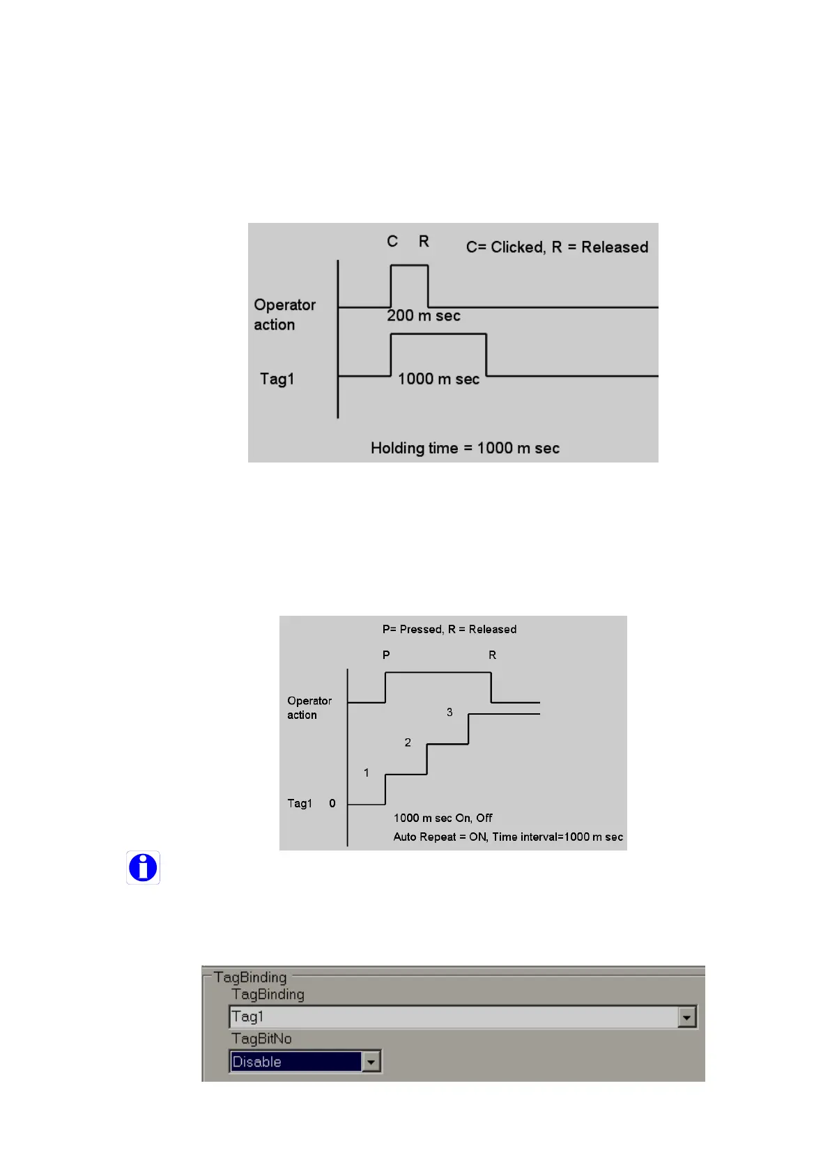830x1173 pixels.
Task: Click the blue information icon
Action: pos(143,868)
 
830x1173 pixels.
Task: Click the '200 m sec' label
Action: pos(424,316)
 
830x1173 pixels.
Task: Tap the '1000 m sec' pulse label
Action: pos(438,379)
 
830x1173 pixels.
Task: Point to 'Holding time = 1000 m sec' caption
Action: pos(465,448)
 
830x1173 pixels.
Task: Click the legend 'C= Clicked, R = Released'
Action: pos(557,247)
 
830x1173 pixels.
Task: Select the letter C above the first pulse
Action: pos(392,241)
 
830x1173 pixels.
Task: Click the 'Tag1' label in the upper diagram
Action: pos(277,379)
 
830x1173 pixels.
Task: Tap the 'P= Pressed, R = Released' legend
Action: pos(449,629)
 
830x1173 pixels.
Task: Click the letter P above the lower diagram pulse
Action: pos(386,655)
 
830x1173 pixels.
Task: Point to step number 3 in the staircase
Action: pos(449,712)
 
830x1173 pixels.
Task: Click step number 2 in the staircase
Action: pos(408,743)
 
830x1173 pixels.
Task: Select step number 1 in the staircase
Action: pos(366,772)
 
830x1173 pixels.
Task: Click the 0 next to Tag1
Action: pos(332,803)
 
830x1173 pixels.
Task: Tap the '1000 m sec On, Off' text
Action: pos(443,818)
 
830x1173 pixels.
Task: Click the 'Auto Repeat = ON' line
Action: pos(508,837)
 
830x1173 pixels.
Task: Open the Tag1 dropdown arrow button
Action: pos(686,1018)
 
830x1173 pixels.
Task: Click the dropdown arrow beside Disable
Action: pos(371,1062)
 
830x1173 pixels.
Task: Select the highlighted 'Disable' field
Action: pos(295,1062)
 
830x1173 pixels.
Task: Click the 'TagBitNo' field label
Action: pos(261,1039)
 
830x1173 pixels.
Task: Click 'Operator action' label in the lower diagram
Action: pos(309,708)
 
